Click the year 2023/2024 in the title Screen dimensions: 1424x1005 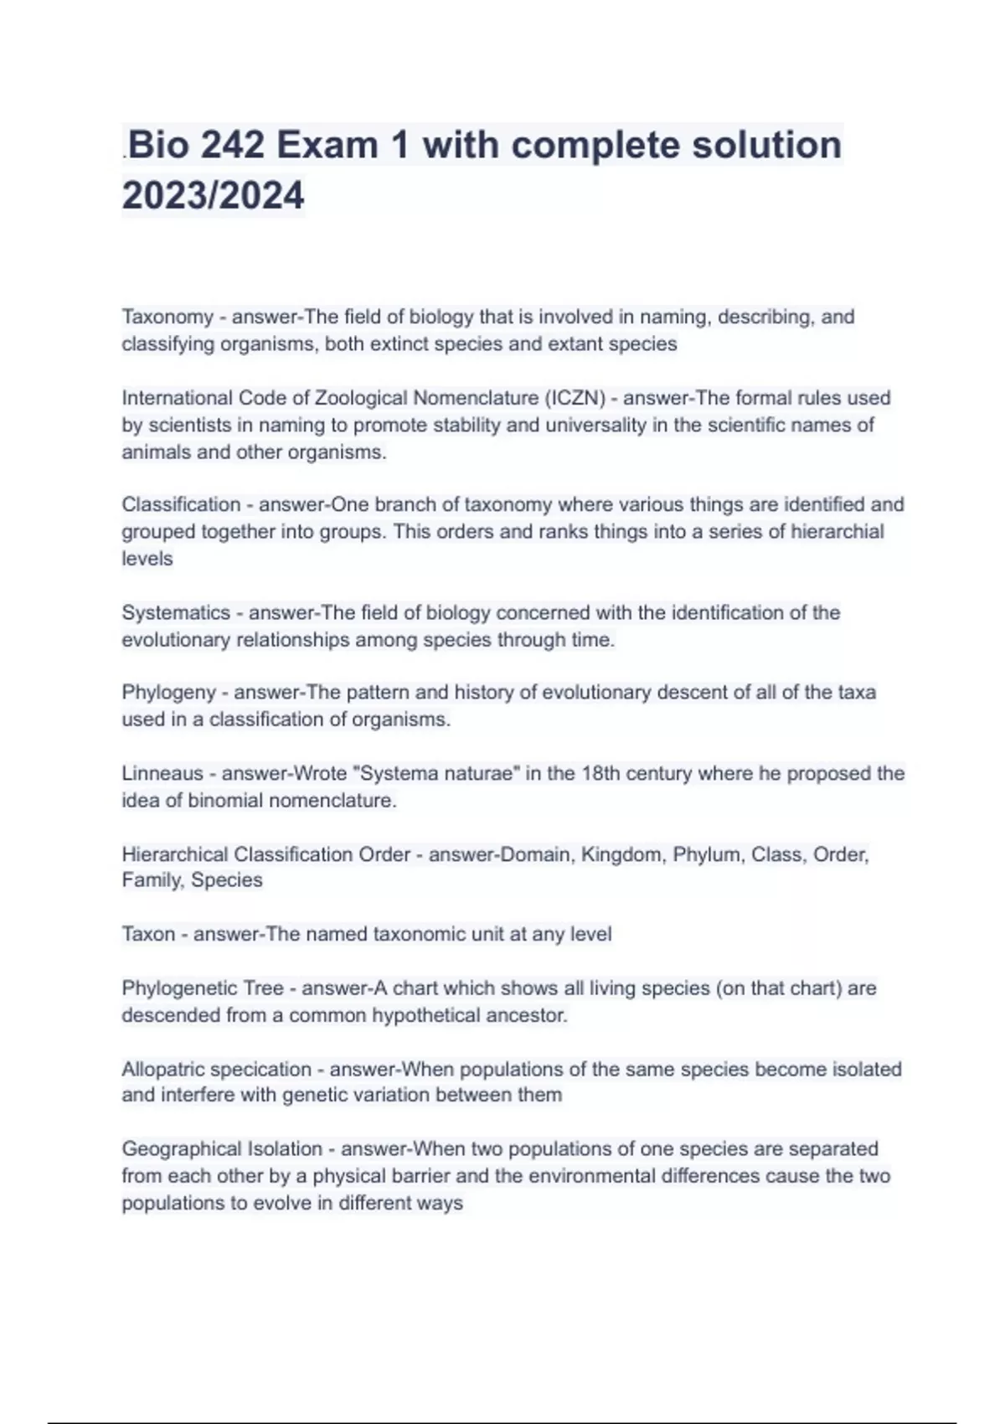point(213,195)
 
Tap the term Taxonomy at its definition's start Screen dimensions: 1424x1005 point(167,317)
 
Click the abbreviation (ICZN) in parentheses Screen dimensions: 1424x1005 point(575,398)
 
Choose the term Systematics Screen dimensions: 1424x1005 point(175,612)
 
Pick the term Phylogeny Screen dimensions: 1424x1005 point(168,693)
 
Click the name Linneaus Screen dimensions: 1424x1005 point(162,773)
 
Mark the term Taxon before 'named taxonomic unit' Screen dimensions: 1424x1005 point(148,934)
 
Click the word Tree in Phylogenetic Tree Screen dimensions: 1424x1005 point(263,988)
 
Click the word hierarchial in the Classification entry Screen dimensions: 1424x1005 point(837,532)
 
